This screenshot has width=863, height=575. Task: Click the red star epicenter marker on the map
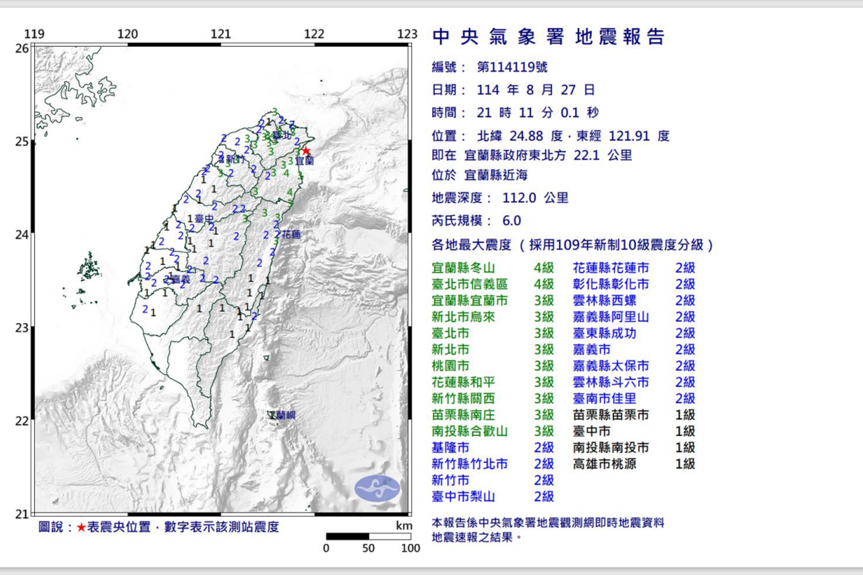[306, 151]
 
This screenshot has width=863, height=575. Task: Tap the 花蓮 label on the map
[291, 234]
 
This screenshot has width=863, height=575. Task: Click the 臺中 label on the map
[204, 218]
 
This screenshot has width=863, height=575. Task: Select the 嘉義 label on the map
[180, 279]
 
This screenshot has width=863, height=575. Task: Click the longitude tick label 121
[221, 34]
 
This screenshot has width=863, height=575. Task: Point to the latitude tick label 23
[22, 328]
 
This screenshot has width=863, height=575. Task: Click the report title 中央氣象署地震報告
[549, 37]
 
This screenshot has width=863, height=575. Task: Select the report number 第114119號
[512, 67]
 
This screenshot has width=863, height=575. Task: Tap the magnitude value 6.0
[511, 221]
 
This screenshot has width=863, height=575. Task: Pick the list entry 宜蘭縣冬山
[463, 268]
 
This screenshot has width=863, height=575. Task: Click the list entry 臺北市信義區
[469, 284]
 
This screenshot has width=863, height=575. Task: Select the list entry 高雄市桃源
[604, 464]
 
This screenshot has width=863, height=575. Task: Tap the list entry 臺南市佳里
[604, 399]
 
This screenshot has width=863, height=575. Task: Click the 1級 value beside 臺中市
[685, 432]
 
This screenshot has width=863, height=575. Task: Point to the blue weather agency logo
[377, 489]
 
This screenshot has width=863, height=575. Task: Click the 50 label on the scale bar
[368, 548]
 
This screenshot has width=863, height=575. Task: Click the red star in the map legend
[81, 527]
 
